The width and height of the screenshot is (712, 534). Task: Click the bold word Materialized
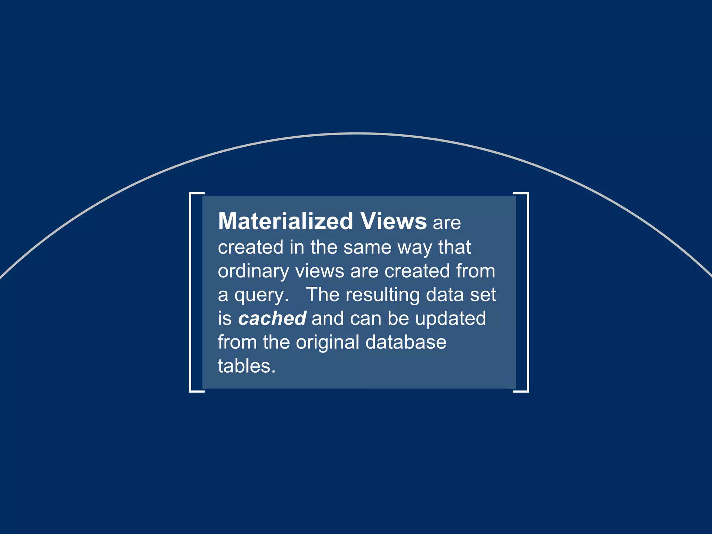point(285,221)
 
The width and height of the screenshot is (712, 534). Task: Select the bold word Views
point(393,221)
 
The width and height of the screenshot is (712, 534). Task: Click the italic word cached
point(272,318)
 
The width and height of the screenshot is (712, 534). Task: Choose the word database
point(406,342)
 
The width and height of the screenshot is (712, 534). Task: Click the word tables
point(246,366)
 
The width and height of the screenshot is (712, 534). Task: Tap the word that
point(454,247)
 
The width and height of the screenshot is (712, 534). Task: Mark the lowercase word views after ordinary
point(319,271)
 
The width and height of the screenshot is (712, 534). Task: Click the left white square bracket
point(191,292)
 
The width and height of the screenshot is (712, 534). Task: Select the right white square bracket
point(527,292)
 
